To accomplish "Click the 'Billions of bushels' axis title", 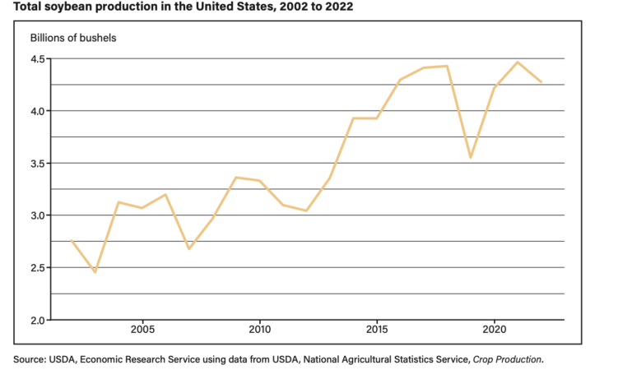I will [72, 39].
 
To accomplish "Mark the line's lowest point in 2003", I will [95, 271].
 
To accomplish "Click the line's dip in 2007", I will [188, 248].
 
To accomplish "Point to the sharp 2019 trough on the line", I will [470, 157].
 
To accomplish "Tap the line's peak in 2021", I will [518, 62].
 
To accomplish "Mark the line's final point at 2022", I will [541, 82].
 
